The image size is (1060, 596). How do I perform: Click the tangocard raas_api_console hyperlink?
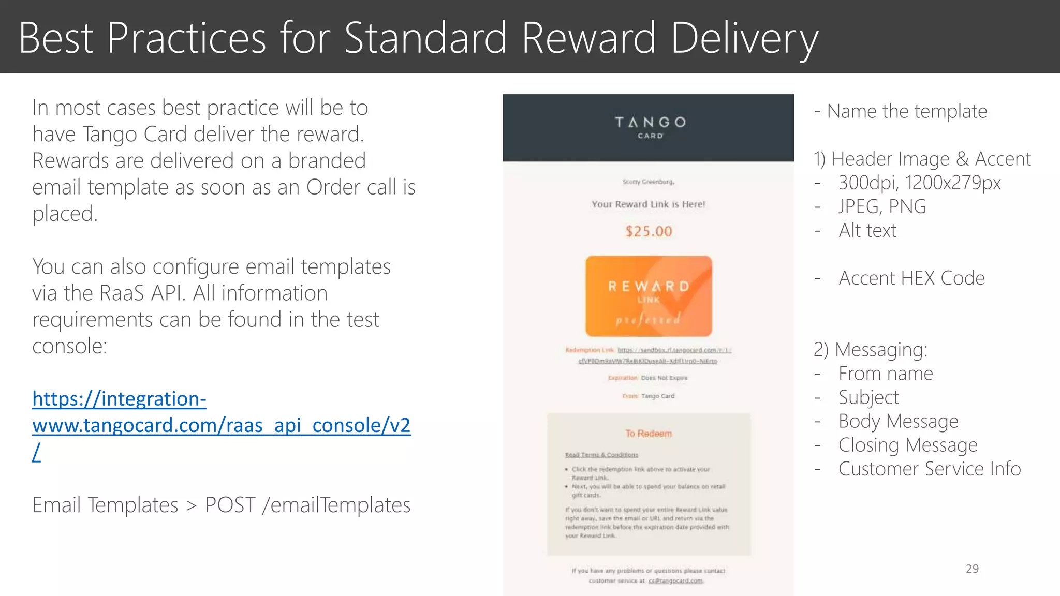[221, 425]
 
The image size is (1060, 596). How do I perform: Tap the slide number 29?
[972, 569]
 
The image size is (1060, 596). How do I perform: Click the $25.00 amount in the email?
[649, 231]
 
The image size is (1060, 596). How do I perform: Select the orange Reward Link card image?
[649, 296]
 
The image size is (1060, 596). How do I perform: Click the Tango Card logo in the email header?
[650, 127]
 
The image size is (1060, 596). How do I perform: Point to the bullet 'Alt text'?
[867, 230]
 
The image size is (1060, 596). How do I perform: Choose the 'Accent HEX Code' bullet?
[911, 278]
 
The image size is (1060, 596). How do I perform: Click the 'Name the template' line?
[906, 111]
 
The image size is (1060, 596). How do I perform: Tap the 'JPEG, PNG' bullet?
[882, 206]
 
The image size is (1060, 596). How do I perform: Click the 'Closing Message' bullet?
[908, 445]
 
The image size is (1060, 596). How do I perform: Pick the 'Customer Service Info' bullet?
[930, 469]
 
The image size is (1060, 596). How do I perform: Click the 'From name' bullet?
[886, 374]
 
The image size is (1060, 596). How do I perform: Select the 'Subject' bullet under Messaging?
[868, 397]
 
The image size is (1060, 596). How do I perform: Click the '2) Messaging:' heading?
[871, 350]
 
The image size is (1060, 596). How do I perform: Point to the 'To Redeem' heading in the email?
[649, 434]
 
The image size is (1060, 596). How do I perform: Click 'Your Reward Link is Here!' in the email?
[649, 204]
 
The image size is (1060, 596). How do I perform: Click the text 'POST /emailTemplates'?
[307, 505]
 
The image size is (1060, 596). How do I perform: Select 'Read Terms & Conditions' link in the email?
[601, 455]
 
